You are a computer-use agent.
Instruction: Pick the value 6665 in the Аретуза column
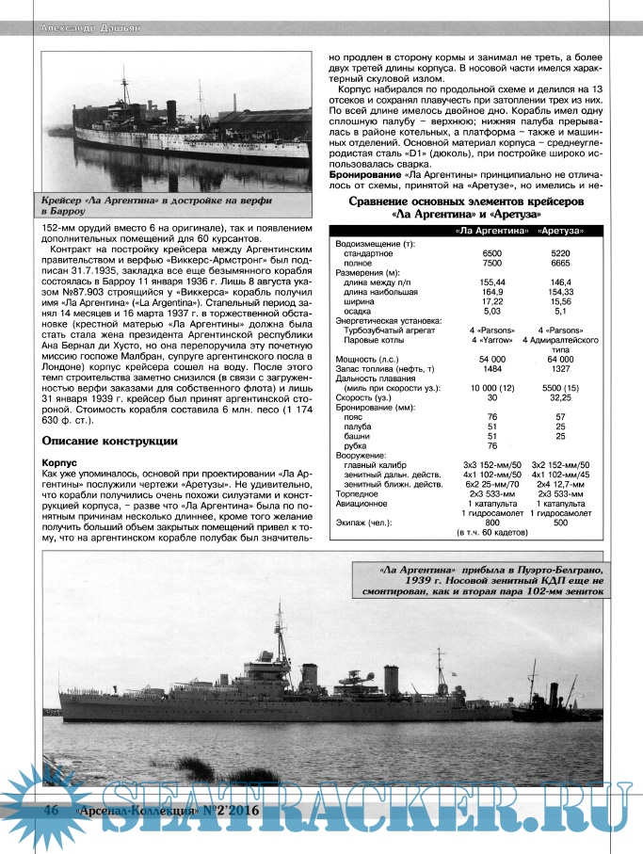(x=562, y=263)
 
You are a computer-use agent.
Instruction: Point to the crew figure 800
(x=491, y=522)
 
